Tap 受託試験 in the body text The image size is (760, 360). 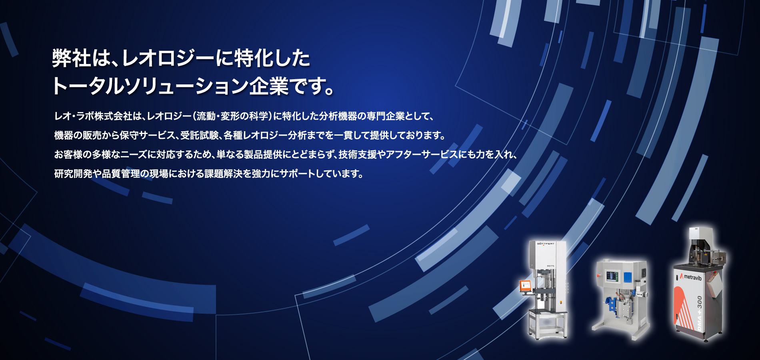tap(200, 136)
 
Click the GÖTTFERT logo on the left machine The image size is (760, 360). tap(546, 244)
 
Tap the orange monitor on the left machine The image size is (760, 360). tap(525, 285)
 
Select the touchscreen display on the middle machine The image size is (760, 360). tap(612, 276)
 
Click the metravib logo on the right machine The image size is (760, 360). tap(691, 277)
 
